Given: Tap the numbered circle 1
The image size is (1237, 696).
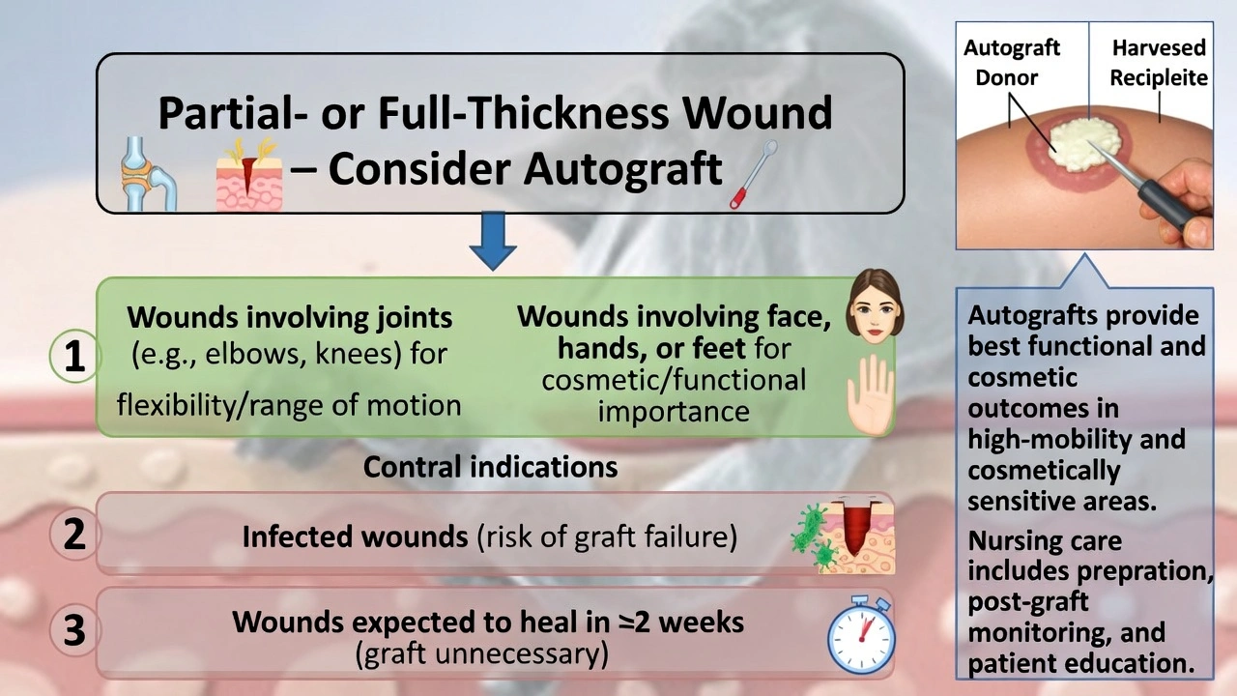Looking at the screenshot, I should tap(74, 358).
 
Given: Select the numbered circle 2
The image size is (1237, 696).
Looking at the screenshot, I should tap(74, 535).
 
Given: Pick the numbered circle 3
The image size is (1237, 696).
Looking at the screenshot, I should tap(74, 630).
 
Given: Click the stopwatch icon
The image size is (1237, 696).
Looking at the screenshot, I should tap(860, 635).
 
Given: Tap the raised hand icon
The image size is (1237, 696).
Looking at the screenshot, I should tap(871, 394).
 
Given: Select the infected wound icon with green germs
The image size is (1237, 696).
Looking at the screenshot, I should tap(840, 536).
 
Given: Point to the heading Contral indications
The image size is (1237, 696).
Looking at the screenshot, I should tap(490, 467).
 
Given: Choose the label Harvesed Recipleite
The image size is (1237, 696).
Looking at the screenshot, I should tap(1158, 62).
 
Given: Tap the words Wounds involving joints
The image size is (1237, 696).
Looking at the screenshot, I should tap(290, 317).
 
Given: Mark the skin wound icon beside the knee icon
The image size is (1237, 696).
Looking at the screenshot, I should tap(250, 175).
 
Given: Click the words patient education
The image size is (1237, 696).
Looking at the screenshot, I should tap(1078, 664).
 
